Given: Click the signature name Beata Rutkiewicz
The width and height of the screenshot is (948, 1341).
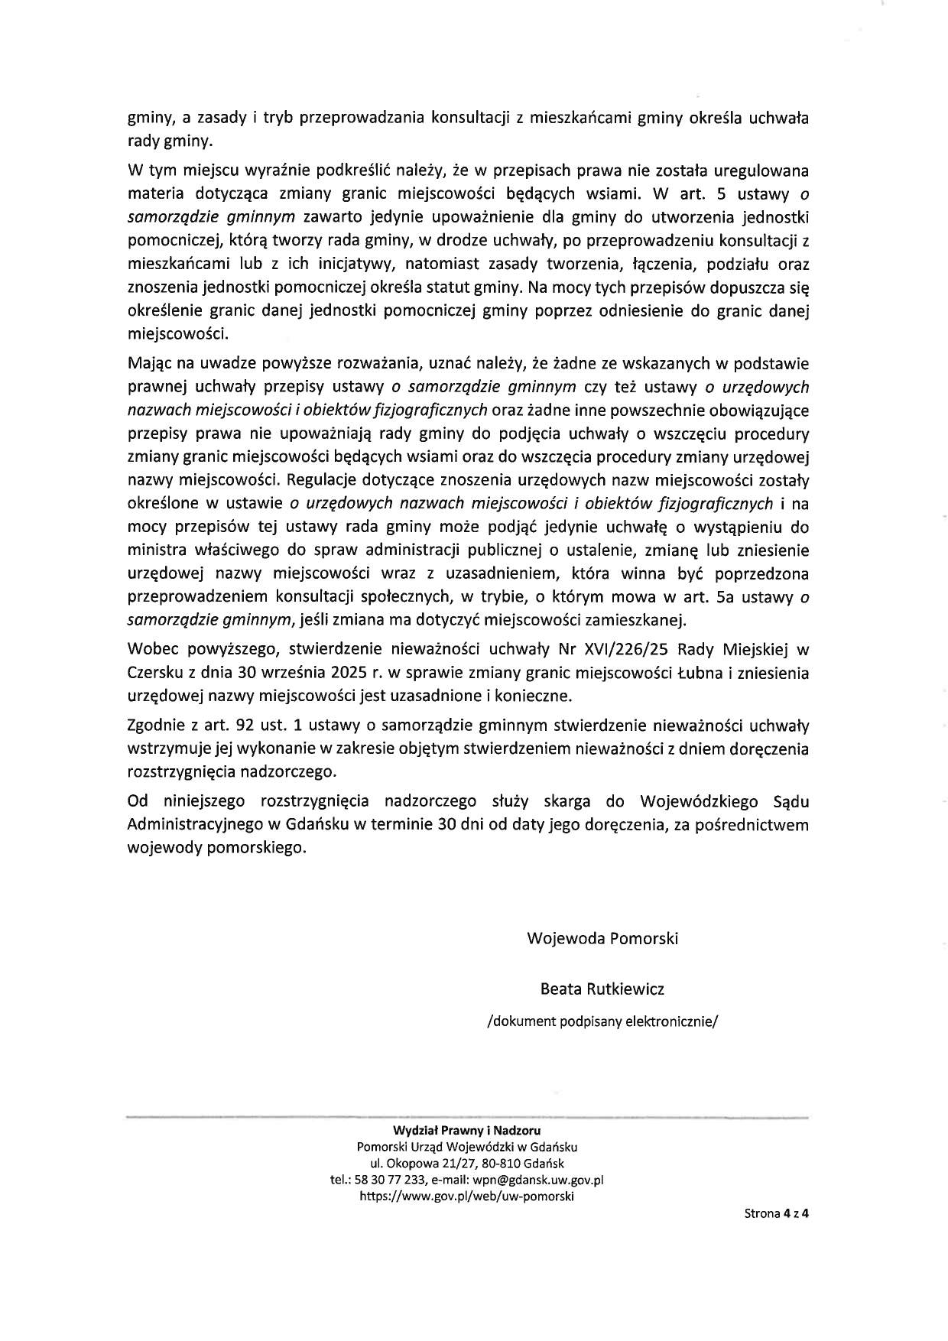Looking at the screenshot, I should click(602, 989).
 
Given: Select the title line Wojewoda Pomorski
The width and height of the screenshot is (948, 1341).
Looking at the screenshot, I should click(602, 938).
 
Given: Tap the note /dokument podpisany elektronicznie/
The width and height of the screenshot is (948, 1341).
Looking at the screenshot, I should click(602, 1022).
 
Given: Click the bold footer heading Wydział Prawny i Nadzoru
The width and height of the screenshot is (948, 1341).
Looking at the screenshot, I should click(466, 1129).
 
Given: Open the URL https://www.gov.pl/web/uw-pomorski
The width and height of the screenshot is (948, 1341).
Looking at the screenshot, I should click(466, 1197).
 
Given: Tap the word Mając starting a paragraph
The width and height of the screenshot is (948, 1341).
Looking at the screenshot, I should click(149, 363).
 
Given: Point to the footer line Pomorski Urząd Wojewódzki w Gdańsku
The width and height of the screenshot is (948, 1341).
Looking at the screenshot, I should click(466, 1146).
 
